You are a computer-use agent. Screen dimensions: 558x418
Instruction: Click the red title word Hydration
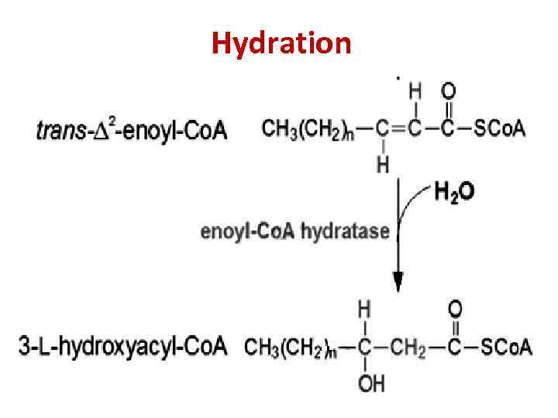[281, 43]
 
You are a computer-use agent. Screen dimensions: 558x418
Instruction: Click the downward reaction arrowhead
[398, 282]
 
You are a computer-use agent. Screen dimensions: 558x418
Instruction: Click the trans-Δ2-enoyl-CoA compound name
[132, 129]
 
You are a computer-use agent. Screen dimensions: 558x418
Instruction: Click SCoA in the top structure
[499, 128]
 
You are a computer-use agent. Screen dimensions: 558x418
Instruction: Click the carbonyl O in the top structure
[449, 91]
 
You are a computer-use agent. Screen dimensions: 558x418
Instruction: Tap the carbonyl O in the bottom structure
[455, 310]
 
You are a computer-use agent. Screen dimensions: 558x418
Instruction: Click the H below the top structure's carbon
[382, 163]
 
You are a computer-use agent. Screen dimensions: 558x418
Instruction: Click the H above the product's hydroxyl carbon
[363, 310]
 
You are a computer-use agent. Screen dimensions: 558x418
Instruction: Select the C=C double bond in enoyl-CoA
[398, 128]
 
